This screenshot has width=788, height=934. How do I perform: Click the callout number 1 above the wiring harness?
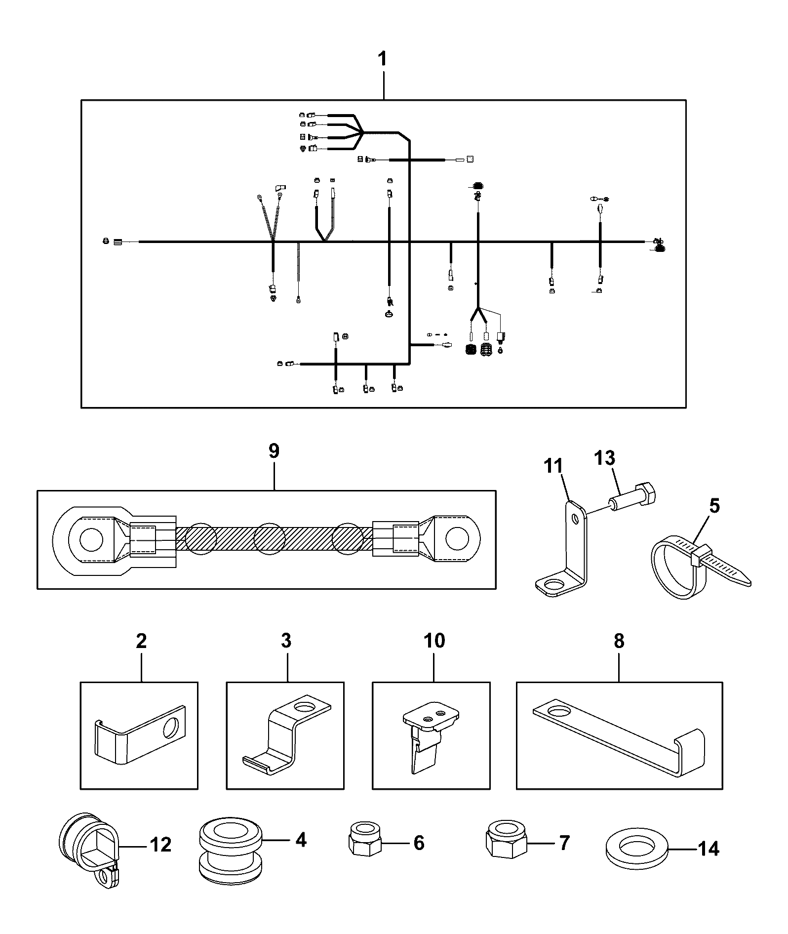coord(383,60)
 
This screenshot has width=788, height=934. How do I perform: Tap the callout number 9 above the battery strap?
coord(274,451)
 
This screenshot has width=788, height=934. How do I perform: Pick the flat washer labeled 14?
coord(635,852)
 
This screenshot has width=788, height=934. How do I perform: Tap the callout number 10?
coord(434,641)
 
